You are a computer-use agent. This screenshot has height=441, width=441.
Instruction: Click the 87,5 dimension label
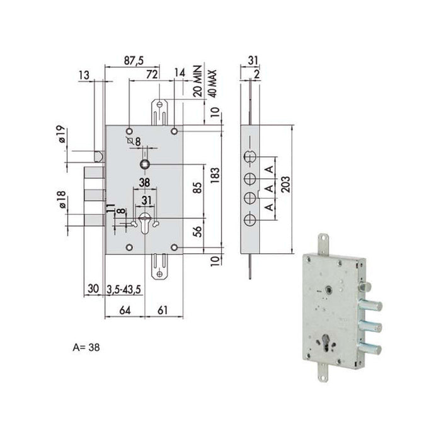coord(133,60)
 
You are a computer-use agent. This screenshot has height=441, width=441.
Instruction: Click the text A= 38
coord(86,346)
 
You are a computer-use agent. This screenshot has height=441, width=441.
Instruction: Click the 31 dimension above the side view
coord(253,60)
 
